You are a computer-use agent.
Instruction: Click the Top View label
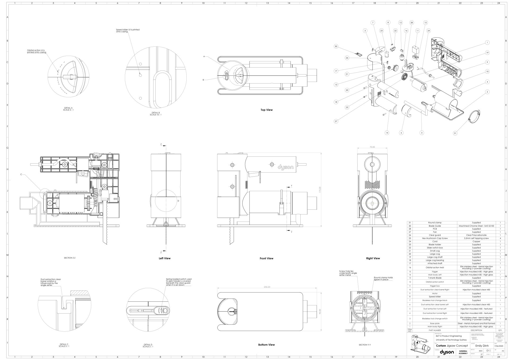266,110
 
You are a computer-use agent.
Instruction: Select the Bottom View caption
266,345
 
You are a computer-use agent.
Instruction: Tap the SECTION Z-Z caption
70,258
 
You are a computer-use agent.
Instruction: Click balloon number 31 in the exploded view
455,133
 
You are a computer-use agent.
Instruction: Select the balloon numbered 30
336,46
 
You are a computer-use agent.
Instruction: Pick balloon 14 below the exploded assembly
387,133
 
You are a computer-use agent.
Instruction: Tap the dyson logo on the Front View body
286,167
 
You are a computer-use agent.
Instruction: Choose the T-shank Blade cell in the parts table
435,278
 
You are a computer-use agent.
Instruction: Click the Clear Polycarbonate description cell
476,235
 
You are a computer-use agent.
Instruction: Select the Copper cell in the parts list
476,242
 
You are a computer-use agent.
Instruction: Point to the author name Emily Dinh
482,346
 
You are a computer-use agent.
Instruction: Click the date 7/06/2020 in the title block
500,346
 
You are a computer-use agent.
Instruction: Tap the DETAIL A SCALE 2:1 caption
68,109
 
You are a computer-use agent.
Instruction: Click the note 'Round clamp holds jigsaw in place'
383,279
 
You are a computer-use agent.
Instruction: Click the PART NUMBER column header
435,330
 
